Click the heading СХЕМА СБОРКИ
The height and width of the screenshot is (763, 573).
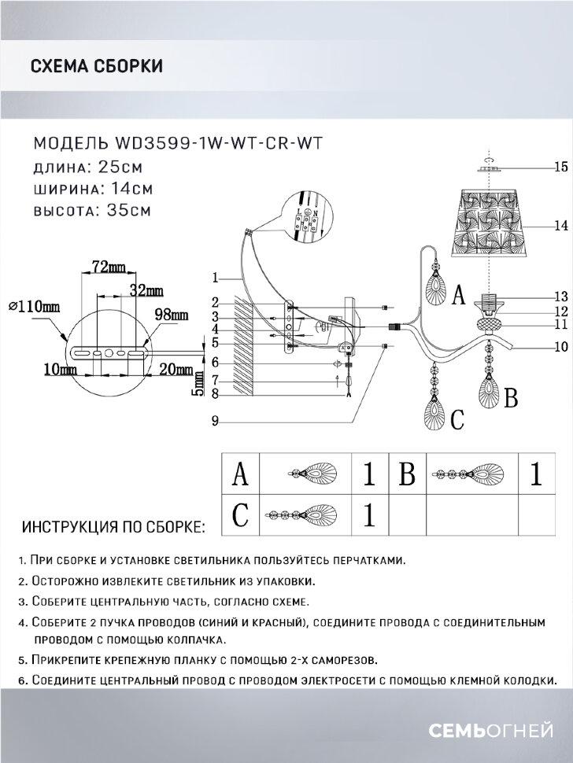tap(96, 66)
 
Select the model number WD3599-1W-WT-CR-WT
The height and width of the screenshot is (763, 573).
tap(218, 144)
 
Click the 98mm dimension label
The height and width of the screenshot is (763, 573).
tap(172, 315)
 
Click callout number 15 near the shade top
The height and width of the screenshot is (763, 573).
tap(560, 167)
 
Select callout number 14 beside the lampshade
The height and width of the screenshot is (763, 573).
tap(560, 225)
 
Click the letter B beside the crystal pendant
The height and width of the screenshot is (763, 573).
tap(510, 399)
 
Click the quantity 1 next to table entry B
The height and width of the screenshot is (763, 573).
tap(536, 475)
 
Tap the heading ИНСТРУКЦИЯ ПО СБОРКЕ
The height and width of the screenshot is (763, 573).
tap(113, 525)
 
